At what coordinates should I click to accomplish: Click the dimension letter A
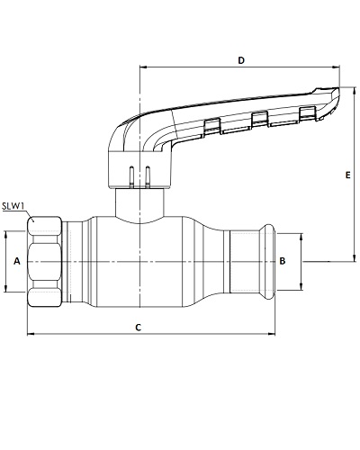17,261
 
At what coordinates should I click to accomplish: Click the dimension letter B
283,261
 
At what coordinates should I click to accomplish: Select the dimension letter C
138,328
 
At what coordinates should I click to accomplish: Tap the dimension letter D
241,60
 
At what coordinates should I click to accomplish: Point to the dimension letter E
347,175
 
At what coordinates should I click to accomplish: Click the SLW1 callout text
13,206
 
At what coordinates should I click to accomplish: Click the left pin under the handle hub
131,177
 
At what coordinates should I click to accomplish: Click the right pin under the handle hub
148,177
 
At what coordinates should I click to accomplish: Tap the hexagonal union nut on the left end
45,262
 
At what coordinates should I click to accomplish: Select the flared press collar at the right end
268,262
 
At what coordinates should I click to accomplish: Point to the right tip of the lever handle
339,88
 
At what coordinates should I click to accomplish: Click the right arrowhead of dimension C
272,333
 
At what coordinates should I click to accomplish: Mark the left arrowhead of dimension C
31,333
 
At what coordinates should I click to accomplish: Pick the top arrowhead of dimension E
355,91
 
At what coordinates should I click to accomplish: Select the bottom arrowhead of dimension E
355,257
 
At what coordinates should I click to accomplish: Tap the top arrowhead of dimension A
5,235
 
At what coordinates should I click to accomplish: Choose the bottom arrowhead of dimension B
301,286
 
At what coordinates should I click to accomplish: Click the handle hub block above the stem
139,170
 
